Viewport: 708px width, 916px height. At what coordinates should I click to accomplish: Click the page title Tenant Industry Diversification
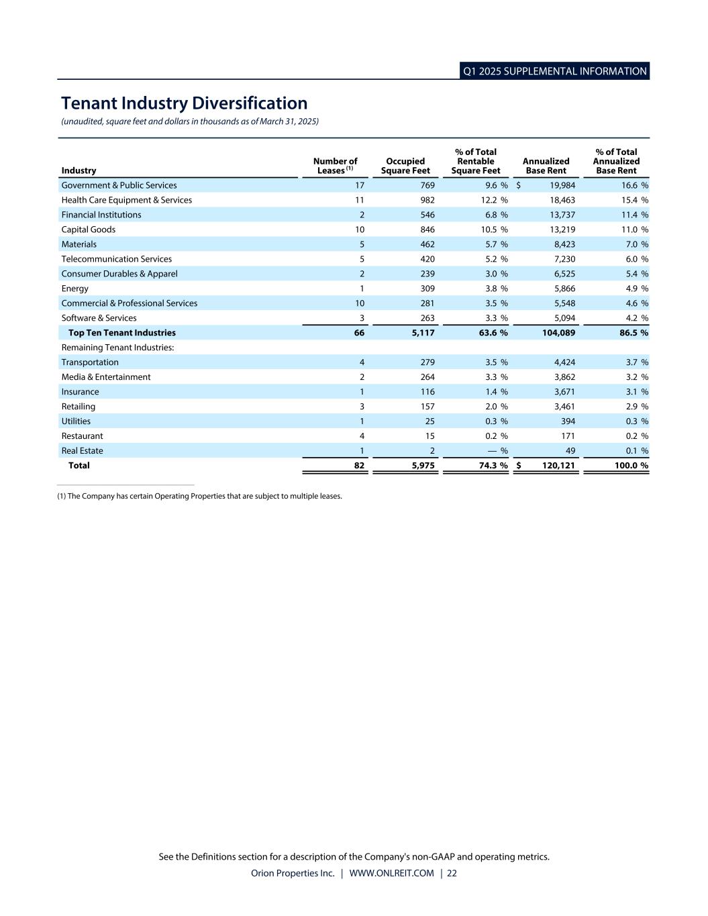(184, 103)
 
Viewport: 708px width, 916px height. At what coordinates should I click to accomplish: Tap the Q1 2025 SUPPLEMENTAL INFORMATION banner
(555, 71)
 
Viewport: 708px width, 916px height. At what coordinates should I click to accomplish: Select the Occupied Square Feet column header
(405, 166)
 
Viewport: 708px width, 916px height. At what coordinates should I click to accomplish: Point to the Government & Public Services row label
(119, 185)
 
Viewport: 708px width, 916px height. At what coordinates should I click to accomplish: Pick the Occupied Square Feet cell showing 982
(427, 200)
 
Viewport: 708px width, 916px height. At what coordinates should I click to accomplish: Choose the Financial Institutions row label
(101, 215)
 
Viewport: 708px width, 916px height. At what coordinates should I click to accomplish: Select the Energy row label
(74, 289)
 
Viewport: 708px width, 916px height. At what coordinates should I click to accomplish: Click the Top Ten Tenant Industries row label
(121, 333)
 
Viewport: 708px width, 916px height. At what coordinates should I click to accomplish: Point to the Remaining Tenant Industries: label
(117, 348)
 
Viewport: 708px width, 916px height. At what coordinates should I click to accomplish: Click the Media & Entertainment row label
(106, 377)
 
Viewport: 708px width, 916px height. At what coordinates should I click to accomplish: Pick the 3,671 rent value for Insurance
(564, 392)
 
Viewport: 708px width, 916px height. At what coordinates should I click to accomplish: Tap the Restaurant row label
(82, 436)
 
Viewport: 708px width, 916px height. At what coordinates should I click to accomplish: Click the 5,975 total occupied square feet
(423, 466)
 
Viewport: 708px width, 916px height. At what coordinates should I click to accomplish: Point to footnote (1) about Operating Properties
(200, 496)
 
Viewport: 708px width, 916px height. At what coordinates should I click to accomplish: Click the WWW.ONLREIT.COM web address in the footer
(391, 873)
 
